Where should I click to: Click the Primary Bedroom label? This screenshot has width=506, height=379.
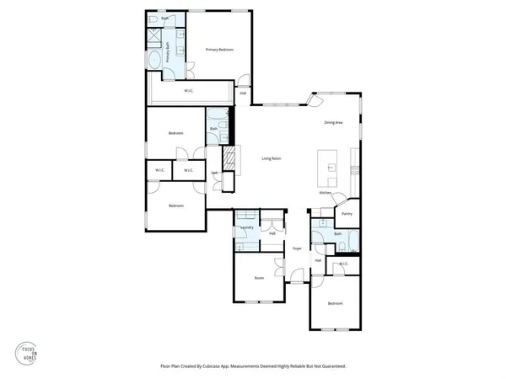[219, 51]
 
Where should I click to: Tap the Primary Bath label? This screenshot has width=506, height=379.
[168, 51]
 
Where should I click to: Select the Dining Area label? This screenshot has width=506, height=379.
[333, 123]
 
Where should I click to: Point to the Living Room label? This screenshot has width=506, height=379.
[271, 158]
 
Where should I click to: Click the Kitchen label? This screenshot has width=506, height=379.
[325, 193]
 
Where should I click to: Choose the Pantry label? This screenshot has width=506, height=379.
[347, 213]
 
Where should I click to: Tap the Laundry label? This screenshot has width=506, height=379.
[247, 227]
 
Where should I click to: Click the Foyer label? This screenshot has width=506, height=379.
[297, 248]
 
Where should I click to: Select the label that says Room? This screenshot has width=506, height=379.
[259, 277]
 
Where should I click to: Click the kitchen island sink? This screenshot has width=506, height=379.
[331, 168]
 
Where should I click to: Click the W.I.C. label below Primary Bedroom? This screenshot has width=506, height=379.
[191, 90]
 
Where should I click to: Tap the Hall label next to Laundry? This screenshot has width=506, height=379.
[272, 233]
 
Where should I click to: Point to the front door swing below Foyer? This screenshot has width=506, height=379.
[295, 275]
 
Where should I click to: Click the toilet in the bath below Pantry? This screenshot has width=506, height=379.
[353, 246]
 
